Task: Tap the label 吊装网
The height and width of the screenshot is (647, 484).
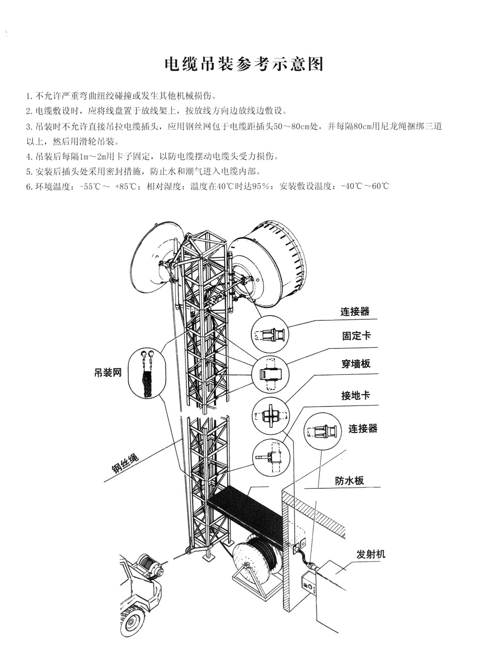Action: click(108, 373)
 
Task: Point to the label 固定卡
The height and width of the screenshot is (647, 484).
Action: click(356, 335)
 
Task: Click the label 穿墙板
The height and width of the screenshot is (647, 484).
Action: click(356, 363)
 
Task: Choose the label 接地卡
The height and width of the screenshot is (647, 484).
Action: click(355, 395)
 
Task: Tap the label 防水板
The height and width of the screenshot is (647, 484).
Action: click(349, 481)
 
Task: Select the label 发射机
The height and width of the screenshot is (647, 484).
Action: click(371, 554)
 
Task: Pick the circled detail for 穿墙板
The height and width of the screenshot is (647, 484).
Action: click(270, 416)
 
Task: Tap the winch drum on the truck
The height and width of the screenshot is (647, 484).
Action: click(146, 565)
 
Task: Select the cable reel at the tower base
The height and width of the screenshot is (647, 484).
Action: click(254, 564)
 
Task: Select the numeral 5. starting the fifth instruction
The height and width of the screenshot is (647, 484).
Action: click(30, 171)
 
